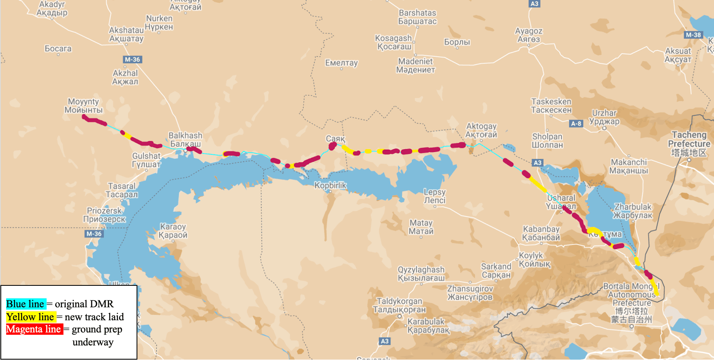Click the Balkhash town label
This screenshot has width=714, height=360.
tap(185, 139)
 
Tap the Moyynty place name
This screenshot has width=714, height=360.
tap(83, 105)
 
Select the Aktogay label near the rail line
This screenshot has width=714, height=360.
tap(481, 130)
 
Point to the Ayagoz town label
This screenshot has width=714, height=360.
tap(528, 35)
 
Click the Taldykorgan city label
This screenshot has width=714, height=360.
tap(399, 305)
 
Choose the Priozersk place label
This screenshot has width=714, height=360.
tap(104, 215)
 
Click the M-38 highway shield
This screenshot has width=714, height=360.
tap(693, 35)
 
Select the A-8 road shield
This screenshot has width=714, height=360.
tap(576, 124)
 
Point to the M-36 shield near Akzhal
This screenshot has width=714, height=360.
tap(132, 60)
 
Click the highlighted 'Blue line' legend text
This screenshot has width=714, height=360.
tap(26, 304)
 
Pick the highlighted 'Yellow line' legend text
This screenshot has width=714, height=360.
tap(30, 317)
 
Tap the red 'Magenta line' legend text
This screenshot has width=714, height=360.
tap(34, 329)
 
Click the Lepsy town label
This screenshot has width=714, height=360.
tap(434, 196)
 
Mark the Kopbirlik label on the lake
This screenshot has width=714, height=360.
tap(330, 185)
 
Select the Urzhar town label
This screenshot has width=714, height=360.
tap(604, 117)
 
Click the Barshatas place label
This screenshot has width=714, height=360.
tap(417, 17)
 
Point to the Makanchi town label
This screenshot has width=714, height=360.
tap(628, 166)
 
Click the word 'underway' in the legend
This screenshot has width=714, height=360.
tap(93, 342)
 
